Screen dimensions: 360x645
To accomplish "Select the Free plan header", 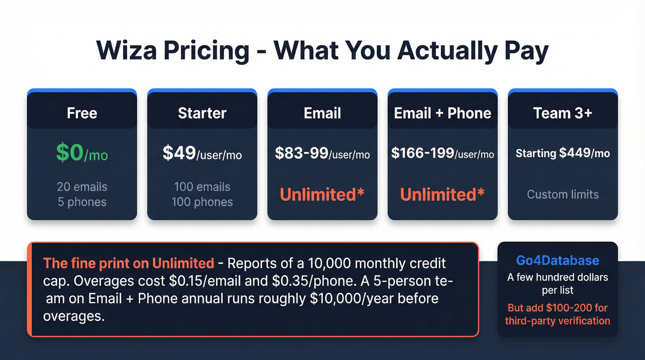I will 82,113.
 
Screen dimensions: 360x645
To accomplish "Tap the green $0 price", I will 70,153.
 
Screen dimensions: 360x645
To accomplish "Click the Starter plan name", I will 202,113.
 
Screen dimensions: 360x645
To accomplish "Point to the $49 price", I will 179,153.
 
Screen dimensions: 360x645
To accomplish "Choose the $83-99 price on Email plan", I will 301,153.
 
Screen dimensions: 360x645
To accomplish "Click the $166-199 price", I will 422,153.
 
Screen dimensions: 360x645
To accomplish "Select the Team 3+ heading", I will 563,113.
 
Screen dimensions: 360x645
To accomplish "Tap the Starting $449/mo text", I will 563,153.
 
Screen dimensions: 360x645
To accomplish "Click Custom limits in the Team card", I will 563,194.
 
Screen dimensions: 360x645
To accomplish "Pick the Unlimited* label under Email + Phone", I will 442,195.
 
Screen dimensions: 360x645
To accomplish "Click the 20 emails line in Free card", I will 82,187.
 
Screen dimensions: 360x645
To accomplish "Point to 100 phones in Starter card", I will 202,202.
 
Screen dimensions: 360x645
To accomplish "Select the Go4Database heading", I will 557,260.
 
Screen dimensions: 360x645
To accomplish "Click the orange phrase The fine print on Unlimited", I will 129,264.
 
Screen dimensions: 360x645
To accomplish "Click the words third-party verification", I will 557,320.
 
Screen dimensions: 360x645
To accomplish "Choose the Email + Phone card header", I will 442,113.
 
